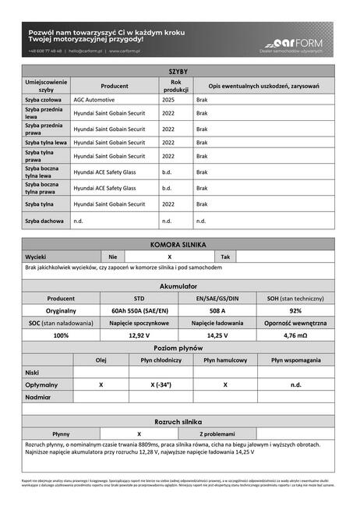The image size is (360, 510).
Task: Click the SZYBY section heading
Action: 178,71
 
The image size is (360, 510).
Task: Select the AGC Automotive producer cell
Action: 94,101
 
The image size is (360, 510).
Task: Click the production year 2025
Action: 168,101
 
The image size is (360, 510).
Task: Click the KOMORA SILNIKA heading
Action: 178,244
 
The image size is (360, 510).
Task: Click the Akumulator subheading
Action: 178,286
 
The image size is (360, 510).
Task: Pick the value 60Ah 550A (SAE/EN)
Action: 139,310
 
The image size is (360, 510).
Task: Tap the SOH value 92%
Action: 295,310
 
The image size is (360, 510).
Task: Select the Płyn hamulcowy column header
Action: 225,360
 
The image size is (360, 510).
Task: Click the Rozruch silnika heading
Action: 178,421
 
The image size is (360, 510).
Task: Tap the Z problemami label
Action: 217,434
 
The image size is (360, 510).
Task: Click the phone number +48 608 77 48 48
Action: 45,51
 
